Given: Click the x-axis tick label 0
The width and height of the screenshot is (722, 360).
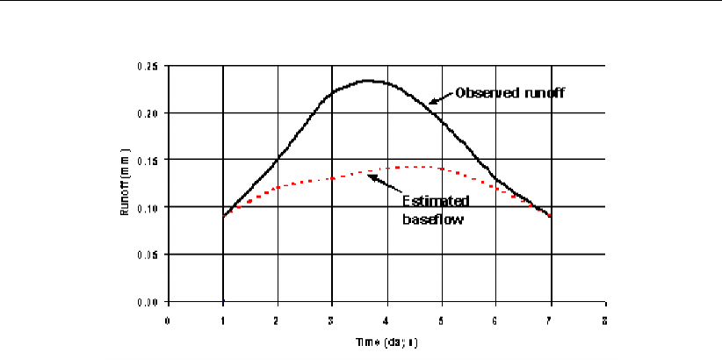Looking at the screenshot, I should point(168,320).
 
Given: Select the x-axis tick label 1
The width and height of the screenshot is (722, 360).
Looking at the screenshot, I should point(223,320).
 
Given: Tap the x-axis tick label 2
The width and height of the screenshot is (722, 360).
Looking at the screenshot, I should point(278,320).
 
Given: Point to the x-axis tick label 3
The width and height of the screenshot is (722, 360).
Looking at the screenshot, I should point(332,320).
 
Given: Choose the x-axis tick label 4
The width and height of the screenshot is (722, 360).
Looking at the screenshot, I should point(386,320).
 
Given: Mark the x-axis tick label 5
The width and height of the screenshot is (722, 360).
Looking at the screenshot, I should point(442,320).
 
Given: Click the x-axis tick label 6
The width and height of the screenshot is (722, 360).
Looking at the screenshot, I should point(496,320).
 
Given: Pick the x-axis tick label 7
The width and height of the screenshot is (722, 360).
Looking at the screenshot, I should point(551,320).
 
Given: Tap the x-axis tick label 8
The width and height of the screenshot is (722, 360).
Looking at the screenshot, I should point(605,320).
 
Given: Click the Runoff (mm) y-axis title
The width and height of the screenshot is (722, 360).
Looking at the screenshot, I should point(127,184).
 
